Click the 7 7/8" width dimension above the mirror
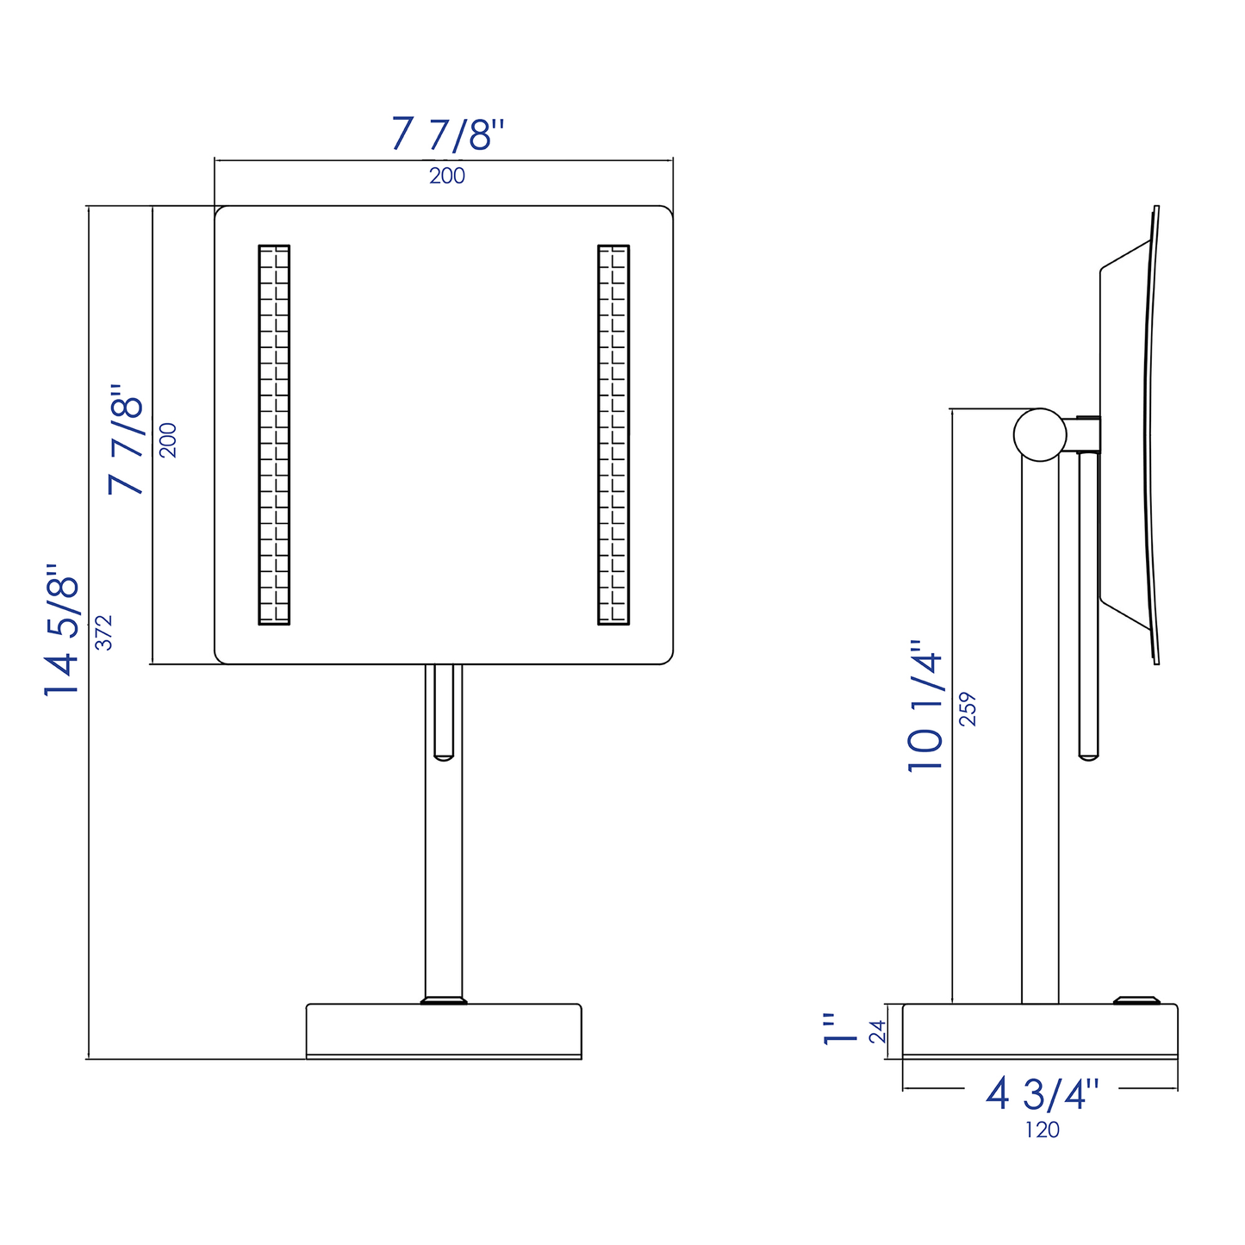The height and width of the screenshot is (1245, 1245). pos(447,134)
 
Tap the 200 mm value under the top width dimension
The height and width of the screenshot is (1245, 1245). pos(447,176)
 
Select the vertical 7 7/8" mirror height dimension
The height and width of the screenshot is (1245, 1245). pos(127,439)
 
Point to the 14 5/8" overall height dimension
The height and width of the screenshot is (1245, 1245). pos(63,631)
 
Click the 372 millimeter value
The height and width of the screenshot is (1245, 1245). pos(104,632)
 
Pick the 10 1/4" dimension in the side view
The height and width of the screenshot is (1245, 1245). pos(926,705)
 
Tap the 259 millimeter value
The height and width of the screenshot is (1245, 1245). pos(968,708)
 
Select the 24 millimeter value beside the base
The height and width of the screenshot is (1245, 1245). pos(878,1031)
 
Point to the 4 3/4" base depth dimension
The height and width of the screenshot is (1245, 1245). pos(1043,1094)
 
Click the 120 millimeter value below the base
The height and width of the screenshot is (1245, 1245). pos(1042,1130)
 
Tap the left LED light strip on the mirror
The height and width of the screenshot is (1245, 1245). pos(274,434)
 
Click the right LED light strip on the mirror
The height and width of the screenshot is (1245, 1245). pos(613,434)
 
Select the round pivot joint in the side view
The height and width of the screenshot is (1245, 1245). pos(1040,434)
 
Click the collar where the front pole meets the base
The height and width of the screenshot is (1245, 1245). pos(444,1000)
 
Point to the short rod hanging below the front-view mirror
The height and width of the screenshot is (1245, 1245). pos(444,712)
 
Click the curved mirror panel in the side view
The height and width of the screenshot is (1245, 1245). pos(1149,434)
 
